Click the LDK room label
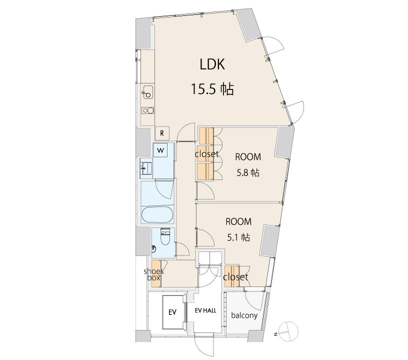click(x=212, y=64)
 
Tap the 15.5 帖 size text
click(x=212, y=89)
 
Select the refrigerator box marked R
click(x=162, y=133)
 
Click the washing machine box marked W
click(x=160, y=150)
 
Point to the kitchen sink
click(x=148, y=92)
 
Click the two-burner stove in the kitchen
click(x=148, y=110)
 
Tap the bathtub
click(x=157, y=215)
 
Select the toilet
click(x=164, y=236)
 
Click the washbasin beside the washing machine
click(x=146, y=168)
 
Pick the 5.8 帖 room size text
click(x=247, y=172)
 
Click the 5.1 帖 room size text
click(x=238, y=237)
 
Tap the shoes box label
click(x=154, y=274)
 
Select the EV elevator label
click(x=172, y=312)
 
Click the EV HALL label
click(x=205, y=310)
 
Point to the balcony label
click(x=244, y=315)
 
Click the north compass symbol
click(x=288, y=331)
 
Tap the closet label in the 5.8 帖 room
click(x=206, y=154)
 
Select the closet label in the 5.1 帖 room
click(x=235, y=277)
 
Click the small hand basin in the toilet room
click(x=154, y=249)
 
